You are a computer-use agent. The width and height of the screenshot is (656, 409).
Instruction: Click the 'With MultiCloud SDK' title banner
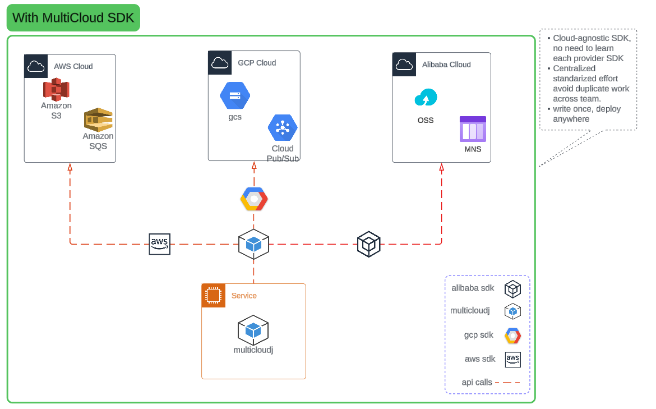coord(73,17)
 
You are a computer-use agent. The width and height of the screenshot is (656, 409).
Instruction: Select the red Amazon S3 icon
coord(56,90)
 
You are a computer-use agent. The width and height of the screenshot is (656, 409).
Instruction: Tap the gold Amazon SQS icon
coord(98,120)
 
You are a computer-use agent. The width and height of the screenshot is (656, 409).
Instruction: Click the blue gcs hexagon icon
coord(234,96)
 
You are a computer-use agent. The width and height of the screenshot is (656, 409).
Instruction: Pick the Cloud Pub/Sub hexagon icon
coord(283,128)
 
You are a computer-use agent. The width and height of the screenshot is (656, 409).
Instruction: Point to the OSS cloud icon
coord(426,98)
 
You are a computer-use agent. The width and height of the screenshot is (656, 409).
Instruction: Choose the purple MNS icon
coord(473,130)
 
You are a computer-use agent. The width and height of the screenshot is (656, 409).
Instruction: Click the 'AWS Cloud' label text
coord(73,66)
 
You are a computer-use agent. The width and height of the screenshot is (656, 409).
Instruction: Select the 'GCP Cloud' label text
coord(257,63)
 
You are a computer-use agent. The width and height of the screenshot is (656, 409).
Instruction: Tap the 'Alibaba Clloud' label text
coord(446,65)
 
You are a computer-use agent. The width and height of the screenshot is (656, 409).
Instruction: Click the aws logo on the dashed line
coord(159,244)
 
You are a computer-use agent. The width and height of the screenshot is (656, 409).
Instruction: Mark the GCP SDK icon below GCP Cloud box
coord(254,199)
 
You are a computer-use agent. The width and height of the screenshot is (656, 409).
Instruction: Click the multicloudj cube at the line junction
coord(253,244)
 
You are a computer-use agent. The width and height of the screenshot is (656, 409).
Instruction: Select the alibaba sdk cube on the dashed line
coord(369,244)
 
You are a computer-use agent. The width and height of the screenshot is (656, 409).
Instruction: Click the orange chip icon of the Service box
coord(213,295)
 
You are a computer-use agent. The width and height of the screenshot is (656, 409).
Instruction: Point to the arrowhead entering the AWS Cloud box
coord(70,167)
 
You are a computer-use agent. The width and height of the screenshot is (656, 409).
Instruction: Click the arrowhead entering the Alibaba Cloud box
coord(441,167)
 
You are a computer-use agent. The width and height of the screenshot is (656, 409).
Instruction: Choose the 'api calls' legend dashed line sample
coord(508,383)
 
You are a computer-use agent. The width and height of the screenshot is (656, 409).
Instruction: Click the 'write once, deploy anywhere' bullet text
coord(586,114)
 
